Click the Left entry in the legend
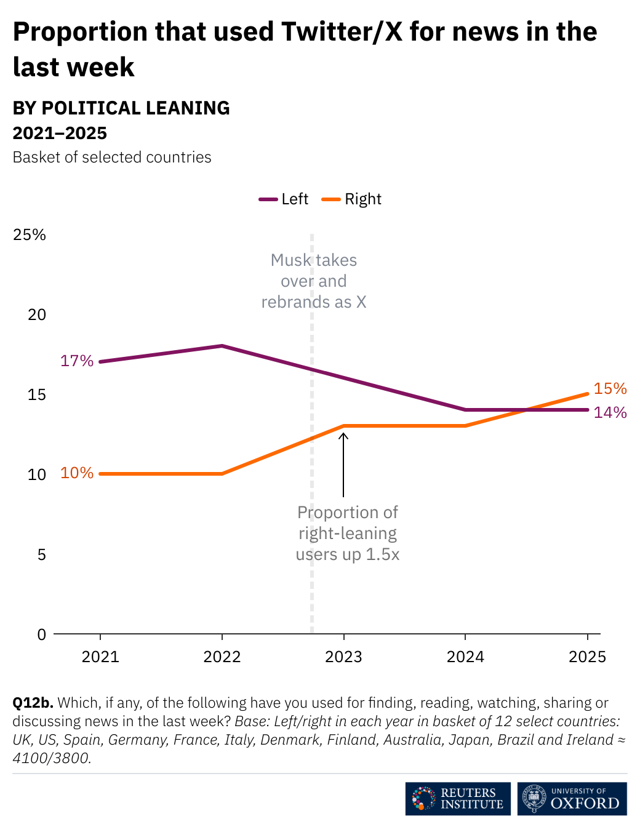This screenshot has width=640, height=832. click(284, 199)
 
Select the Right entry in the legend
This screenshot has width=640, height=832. click(352, 199)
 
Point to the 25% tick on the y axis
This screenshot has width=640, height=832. click(30, 234)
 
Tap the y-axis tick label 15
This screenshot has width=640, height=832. click(37, 394)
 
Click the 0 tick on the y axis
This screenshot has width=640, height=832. click(41, 634)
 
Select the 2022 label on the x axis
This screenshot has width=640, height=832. click(222, 657)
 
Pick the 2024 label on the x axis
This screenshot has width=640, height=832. click(465, 657)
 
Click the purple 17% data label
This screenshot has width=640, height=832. click(77, 361)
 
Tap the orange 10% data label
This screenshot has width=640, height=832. click(77, 473)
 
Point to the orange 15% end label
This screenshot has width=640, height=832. click(610, 388)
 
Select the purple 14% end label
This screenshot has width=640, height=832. click(610, 412)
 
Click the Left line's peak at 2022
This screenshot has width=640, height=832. click(222, 346)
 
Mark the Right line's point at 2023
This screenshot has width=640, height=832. click(343, 426)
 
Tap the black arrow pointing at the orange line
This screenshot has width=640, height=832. click(343, 465)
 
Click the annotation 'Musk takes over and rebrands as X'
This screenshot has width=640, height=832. click(314, 281)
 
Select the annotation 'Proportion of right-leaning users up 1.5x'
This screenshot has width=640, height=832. click(348, 533)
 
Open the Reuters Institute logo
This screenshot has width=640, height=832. click(458, 799)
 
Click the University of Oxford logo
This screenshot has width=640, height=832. click(572, 799)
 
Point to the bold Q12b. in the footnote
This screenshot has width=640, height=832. click(33, 703)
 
